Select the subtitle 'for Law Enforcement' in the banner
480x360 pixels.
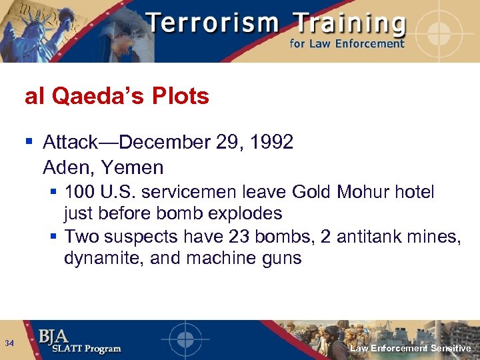(347, 44)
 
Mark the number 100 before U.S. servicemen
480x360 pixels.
(81, 193)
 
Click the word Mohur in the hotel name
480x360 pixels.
(364, 193)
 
